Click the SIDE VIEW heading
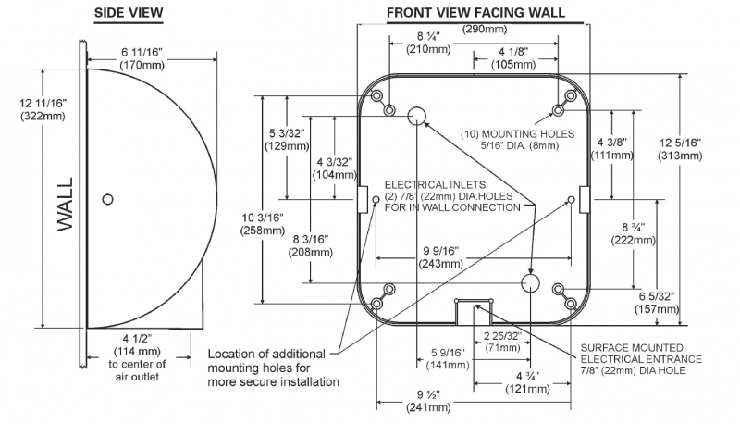pos(129,12)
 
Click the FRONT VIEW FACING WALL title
pos(475,12)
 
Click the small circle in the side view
pos(108,198)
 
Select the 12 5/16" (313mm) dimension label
pos(708,149)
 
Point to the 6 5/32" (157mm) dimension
pos(655,302)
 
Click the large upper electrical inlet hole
pos(417,114)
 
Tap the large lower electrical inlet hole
pos(531,281)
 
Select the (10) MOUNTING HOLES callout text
pos(519,139)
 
